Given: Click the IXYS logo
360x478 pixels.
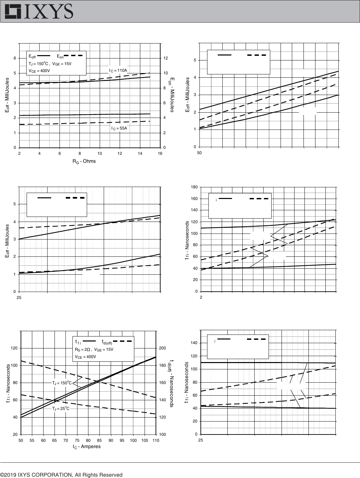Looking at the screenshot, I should click(x=39, y=11).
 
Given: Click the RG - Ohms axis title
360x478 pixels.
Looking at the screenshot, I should click(x=84, y=161).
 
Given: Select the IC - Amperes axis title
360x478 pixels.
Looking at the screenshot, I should click(x=86, y=447).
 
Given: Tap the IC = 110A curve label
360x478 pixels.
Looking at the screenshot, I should click(x=118, y=70).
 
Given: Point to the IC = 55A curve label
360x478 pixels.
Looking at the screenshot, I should click(x=119, y=128).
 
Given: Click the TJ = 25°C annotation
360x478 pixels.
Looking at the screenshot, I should click(x=61, y=408).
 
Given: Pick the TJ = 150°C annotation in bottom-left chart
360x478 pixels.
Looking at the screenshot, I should click(x=62, y=383).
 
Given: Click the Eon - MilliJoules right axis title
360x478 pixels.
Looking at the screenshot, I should click(x=172, y=95).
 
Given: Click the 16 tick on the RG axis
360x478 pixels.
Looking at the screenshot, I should click(x=160, y=153).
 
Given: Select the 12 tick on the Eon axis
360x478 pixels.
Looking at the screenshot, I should click(x=166, y=58).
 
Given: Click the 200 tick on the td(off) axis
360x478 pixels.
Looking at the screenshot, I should click(x=163, y=348).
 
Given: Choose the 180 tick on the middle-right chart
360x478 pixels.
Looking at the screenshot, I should click(x=194, y=187).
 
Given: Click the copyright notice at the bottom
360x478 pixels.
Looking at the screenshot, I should click(x=61, y=475).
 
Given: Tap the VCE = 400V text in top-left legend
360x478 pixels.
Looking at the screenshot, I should click(x=39, y=71).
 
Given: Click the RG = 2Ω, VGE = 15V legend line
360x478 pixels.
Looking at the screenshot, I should click(x=94, y=349).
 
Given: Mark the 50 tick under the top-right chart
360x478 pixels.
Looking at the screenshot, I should click(x=199, y=153).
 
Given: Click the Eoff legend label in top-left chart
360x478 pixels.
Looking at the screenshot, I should click(x=32, y=56).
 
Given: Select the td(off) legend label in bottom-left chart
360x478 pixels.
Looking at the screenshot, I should click(x=107, y=342).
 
